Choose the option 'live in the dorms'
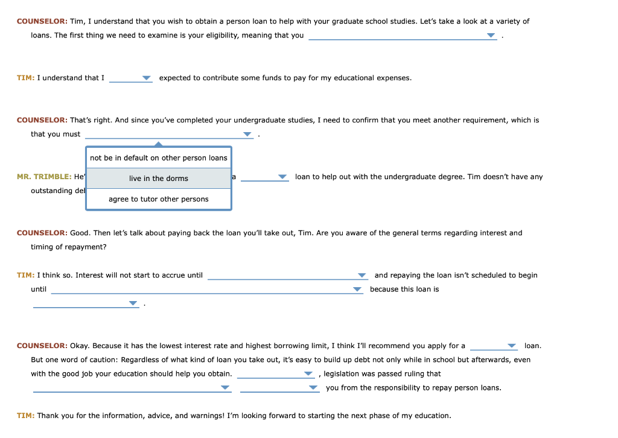click(x=159, y=179)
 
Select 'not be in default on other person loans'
click(x=159, y=158)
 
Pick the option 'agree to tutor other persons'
click(x=159, y=199)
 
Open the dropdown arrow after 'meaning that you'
click(x=491, y=36)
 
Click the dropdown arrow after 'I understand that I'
click(x=146, y=78)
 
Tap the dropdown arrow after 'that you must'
click(x=247, y=135)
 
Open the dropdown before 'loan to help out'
click(x=282, y=177)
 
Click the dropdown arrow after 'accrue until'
click(x=362, y=275)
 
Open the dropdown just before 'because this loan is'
click(x=357, y=290)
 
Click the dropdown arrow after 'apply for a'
click(x=512, y=346)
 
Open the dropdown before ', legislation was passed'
click(x=308, y=374)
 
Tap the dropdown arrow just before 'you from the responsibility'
click(x=313, y=388)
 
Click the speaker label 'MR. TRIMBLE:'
click(x=44, y=177)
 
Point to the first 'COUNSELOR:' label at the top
click(x=42, y=21)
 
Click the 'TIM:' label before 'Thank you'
click(x=25, y=416)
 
